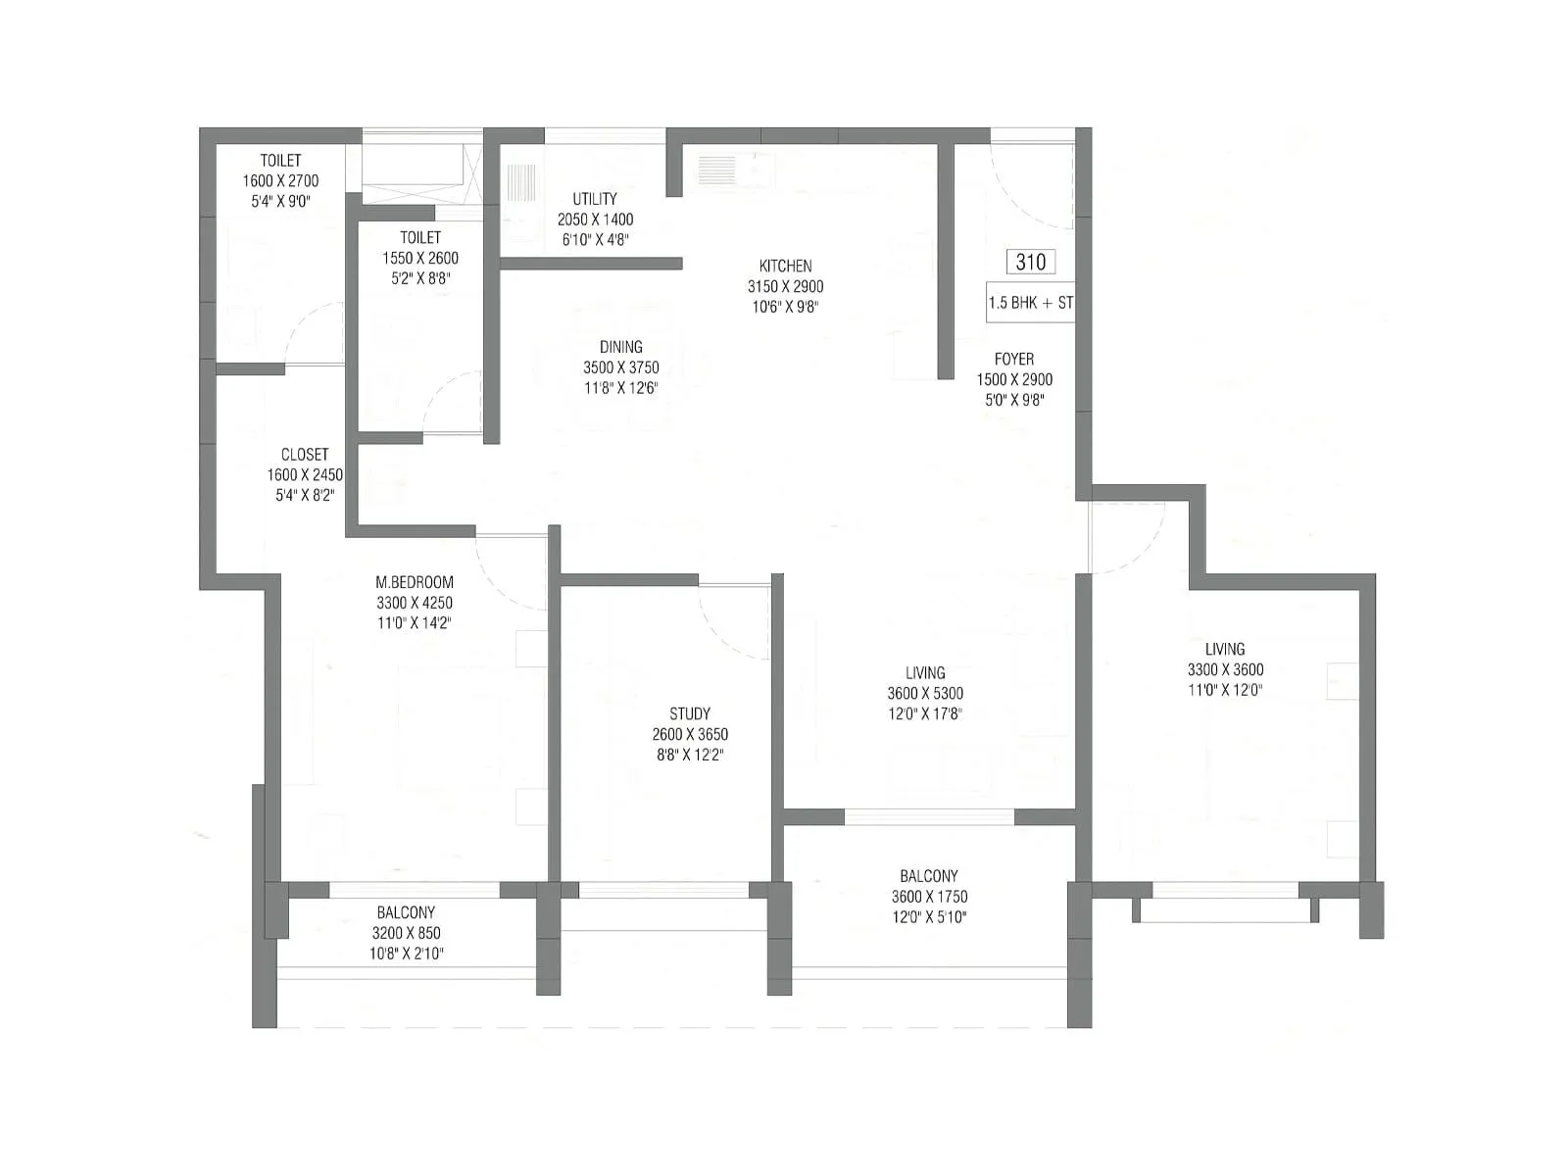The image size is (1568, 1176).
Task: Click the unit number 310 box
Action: pyautogui.click(x=1030, y=262)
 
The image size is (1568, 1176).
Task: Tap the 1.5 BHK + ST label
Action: pyautogui.click(x=1030, y=303)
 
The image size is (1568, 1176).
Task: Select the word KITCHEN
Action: pyautogui.click(x=785, y=266)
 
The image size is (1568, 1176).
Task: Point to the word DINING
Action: pyautogui.click(x=620, y=347)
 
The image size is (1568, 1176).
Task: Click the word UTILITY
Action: pyautogui.click(x=595, y=199)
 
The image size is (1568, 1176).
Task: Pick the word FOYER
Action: pyautogui.click(x=1014, y=360)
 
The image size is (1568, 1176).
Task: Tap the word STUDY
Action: pyautogui.click(x=690, y=713)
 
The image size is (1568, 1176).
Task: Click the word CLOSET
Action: pyautogui.click(x=305, y=455)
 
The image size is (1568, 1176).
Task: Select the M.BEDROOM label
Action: pyautogui.click(x=415, y=582)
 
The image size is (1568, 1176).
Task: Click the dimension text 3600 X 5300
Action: pyautogui.click(x=925, y=693)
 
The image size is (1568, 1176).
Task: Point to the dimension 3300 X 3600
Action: pyautogui.click(x=1225, y=669)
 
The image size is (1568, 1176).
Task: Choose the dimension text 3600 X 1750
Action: pyautogui.click(x=929, y=897)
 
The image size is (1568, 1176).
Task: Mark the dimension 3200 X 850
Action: pyautogui.click(x=406, y=933)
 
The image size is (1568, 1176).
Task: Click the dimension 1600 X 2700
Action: pyautogui.click(x=280, y=180)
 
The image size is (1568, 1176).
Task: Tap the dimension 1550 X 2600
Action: pyautogui.click(x=420, y=258)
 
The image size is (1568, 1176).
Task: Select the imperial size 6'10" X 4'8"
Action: pyautogui.click(x=595, y=239)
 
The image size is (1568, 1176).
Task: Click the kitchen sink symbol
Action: pyautogui.click(x=717, y=171)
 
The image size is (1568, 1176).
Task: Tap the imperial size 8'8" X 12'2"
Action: pyautogui.click(x=690, y=755)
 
